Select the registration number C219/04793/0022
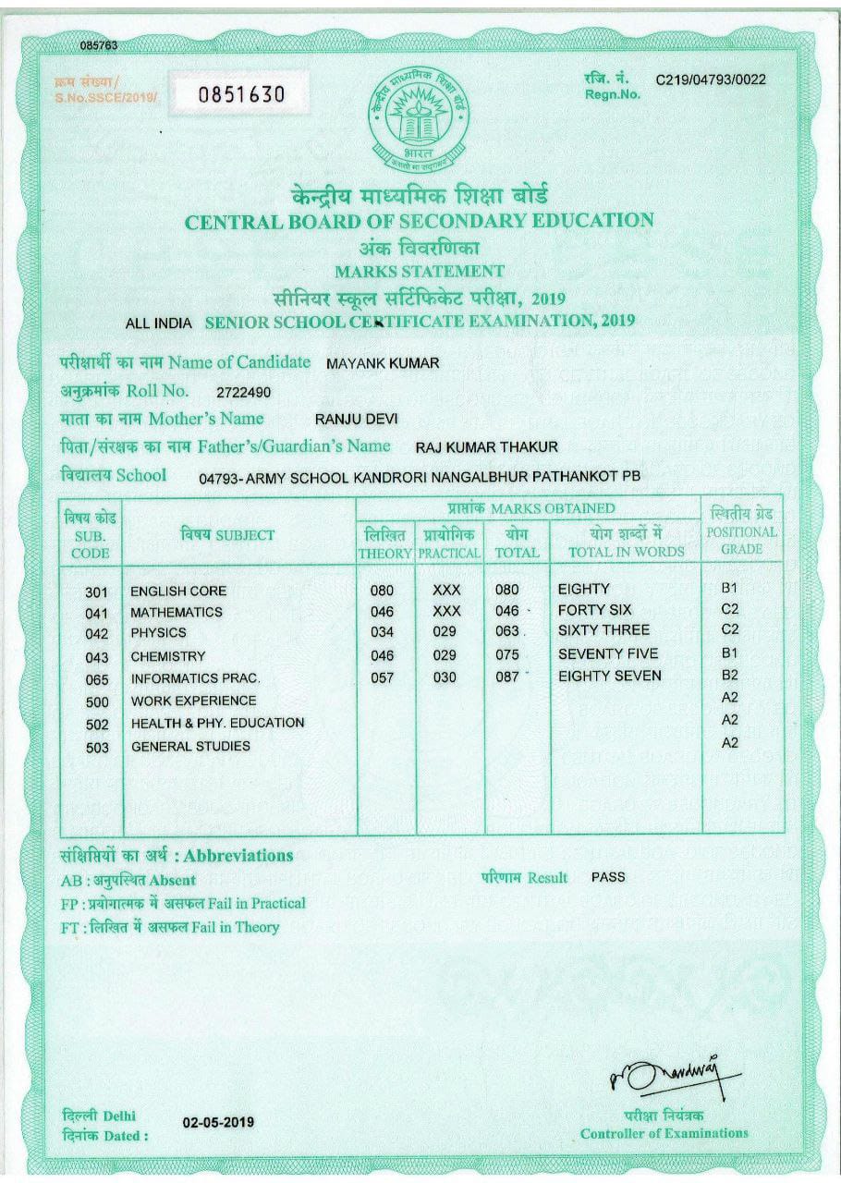(711, 79)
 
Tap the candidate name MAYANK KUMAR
(383, 363)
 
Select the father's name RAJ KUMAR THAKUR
(486, 447)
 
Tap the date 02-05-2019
(218, 1123)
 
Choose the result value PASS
(608, 876)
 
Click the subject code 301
(96, 591)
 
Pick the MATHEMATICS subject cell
(177, 612)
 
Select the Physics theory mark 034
(382, 633)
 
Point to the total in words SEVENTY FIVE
(609, 653)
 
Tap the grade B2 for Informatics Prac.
(729, 676)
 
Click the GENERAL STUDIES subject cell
(190, 746)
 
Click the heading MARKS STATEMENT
(420, 272)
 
